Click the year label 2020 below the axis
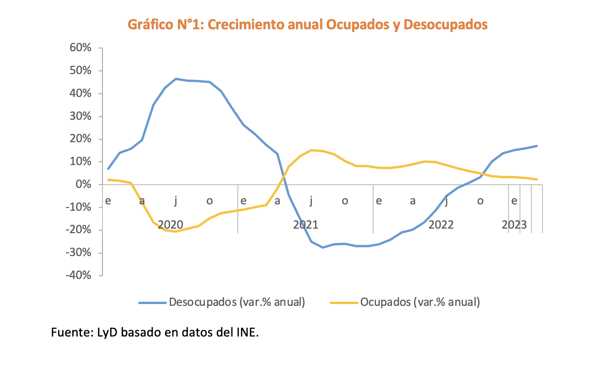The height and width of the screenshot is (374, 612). (170, 225)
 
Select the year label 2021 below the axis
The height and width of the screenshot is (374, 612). (306, 225)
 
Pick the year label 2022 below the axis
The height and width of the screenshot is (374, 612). (441, 225)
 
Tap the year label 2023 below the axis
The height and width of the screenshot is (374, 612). (514, 225)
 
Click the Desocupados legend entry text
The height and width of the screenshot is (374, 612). (236, 302)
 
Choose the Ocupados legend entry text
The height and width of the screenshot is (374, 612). (420, 302)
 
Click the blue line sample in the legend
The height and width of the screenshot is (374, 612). (152, 303)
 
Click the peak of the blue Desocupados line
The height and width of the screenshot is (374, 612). (176, 79)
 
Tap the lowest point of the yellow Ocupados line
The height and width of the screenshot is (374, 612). (176, 231)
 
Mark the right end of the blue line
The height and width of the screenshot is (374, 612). (537, 146)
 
